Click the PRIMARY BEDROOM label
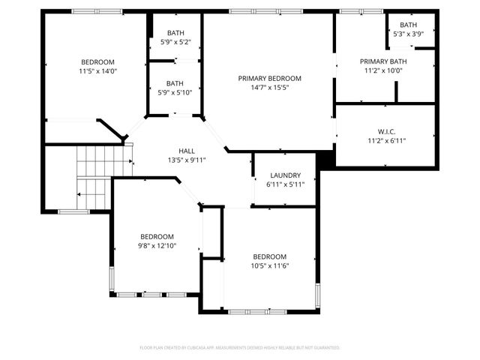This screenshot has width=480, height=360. click(269, 79)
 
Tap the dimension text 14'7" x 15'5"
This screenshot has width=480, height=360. click(269, 88)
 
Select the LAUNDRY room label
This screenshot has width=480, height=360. click(285, 175)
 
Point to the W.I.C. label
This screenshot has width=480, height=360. click(386, 131)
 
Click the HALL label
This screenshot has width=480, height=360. click(187, 151)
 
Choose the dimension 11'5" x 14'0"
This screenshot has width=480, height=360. click(98, 71)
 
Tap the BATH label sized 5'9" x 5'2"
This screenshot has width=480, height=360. click(175, 33)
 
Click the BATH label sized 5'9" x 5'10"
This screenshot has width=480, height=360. click(175, 83)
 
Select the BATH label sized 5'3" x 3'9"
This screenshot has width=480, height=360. click(408, 25)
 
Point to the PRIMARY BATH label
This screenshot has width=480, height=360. click(383, 61)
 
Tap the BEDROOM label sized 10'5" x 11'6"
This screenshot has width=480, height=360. click(269, 256)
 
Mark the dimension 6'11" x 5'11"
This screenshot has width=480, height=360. click(285, 184)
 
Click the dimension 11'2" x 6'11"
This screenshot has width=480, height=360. click(386, 140)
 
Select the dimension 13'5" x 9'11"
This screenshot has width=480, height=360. click(187, 160)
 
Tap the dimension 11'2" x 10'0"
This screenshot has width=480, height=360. click(383, 70)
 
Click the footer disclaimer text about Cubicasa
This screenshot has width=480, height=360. click(240, 348)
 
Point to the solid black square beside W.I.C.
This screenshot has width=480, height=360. click(325, 159)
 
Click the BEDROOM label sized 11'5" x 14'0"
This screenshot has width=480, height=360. click(98, 61)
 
